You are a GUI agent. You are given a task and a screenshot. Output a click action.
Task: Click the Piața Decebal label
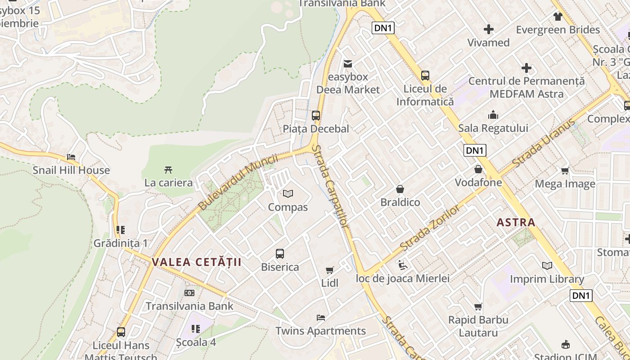(x=316, y=129)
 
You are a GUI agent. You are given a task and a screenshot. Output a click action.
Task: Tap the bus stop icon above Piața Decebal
(x=316, y=115)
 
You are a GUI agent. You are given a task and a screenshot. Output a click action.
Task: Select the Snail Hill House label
(x=71, y=170)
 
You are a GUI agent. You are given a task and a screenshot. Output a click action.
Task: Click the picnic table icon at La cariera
(x=168, y=170)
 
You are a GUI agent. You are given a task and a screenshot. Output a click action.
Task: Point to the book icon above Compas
(x=288, y=193)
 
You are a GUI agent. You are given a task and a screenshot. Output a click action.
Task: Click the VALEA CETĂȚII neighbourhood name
(x=197, y=262)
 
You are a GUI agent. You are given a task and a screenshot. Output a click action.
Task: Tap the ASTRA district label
(x=516, y=222)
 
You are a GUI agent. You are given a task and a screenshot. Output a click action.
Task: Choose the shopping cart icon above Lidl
(x=330, y=270)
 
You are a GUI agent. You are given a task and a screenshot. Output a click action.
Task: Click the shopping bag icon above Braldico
(x=400, y=189)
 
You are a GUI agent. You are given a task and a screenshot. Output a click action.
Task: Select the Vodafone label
(x=478, y=183)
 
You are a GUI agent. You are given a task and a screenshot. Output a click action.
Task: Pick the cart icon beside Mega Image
(x=565, y=171)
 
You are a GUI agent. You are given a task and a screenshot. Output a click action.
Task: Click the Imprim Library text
(x=547, y=279)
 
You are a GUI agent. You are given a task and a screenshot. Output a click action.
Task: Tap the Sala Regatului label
(x=493, y=128)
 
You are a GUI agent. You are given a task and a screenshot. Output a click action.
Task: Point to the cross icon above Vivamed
(x=489, y=30)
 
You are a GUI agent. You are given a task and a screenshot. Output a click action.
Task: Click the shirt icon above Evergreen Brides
(x=558, y=17)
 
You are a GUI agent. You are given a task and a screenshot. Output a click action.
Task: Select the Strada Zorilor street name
(x=430, y=228)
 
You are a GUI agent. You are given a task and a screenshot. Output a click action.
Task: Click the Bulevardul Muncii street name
(x=238, y=182)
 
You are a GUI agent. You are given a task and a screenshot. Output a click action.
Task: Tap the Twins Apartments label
(x=320, y=331)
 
